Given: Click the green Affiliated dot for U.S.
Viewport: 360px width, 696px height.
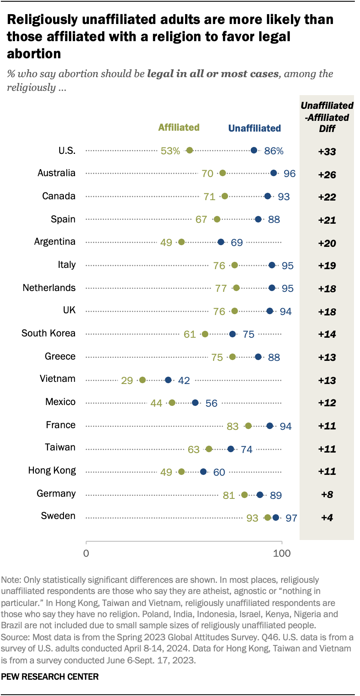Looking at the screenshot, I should [x=189, y=150].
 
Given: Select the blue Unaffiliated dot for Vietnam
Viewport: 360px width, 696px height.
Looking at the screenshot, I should [x=168, y=380].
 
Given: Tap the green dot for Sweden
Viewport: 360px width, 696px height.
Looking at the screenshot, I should [x=268, y=518].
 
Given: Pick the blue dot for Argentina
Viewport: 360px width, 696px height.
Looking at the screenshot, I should [x=221, y=242].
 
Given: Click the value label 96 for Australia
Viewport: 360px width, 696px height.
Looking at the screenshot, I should [x=290, y=174].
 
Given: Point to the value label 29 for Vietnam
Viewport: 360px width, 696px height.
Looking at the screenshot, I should [x=127, y=381].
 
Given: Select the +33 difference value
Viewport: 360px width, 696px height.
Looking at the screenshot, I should [x=327, y=152].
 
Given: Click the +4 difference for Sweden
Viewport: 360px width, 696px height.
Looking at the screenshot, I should [x=327, y=518].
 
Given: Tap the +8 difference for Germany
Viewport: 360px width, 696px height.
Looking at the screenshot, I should [x=327, y=495].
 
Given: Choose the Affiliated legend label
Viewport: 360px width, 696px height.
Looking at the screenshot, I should [x=179, y=127].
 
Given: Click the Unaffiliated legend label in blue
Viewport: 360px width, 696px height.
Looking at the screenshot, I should [x=255, y=128].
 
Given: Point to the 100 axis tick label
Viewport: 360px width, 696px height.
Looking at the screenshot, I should [x=282, y=553].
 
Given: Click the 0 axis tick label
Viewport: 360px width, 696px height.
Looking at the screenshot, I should [x=86, y=553].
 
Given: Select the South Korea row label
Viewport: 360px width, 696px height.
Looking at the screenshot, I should [x=48, y=333].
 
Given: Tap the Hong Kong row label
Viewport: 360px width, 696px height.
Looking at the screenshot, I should [x=52, y=471].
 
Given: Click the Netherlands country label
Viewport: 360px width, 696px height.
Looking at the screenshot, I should [x=49, y=288].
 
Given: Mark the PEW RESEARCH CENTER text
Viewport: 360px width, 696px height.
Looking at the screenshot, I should [x=50, y=677].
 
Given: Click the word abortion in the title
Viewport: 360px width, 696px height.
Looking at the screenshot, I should [x=34, y=54].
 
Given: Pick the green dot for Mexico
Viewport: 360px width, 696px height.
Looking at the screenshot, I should [x=172, y=403].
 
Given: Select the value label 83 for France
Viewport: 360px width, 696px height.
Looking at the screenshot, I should [x=233, y=426].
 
